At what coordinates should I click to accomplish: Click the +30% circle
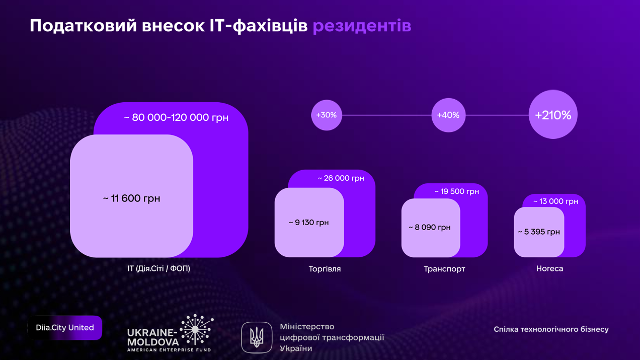[327, 115]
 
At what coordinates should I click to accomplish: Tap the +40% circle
[448, 115]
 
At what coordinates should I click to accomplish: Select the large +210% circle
[553, 114]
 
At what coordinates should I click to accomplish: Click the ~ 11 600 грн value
[131, 198]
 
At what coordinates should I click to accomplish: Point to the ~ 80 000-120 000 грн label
[176, 117]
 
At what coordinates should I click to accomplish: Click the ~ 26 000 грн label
[341, 178]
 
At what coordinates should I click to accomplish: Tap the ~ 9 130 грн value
[309, 223]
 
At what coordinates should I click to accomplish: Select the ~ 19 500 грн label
[457, 191]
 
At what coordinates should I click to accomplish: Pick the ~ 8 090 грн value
[430, 227]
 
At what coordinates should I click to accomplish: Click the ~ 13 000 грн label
[555, 201]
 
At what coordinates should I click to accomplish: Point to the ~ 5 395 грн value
[539, 232]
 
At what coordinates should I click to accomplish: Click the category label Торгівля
[325, 269]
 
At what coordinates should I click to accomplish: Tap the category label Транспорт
[444, 269]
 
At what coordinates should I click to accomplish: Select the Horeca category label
[550, 268]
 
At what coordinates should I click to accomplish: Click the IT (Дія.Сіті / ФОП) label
[159, 268]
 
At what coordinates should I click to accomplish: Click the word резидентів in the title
[362, 26]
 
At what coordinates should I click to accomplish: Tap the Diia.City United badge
[65, 328]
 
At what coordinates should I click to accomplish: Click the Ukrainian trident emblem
[257, 338]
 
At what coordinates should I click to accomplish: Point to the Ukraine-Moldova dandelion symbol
[196, 329]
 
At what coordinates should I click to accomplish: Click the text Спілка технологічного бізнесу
[551, 329]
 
